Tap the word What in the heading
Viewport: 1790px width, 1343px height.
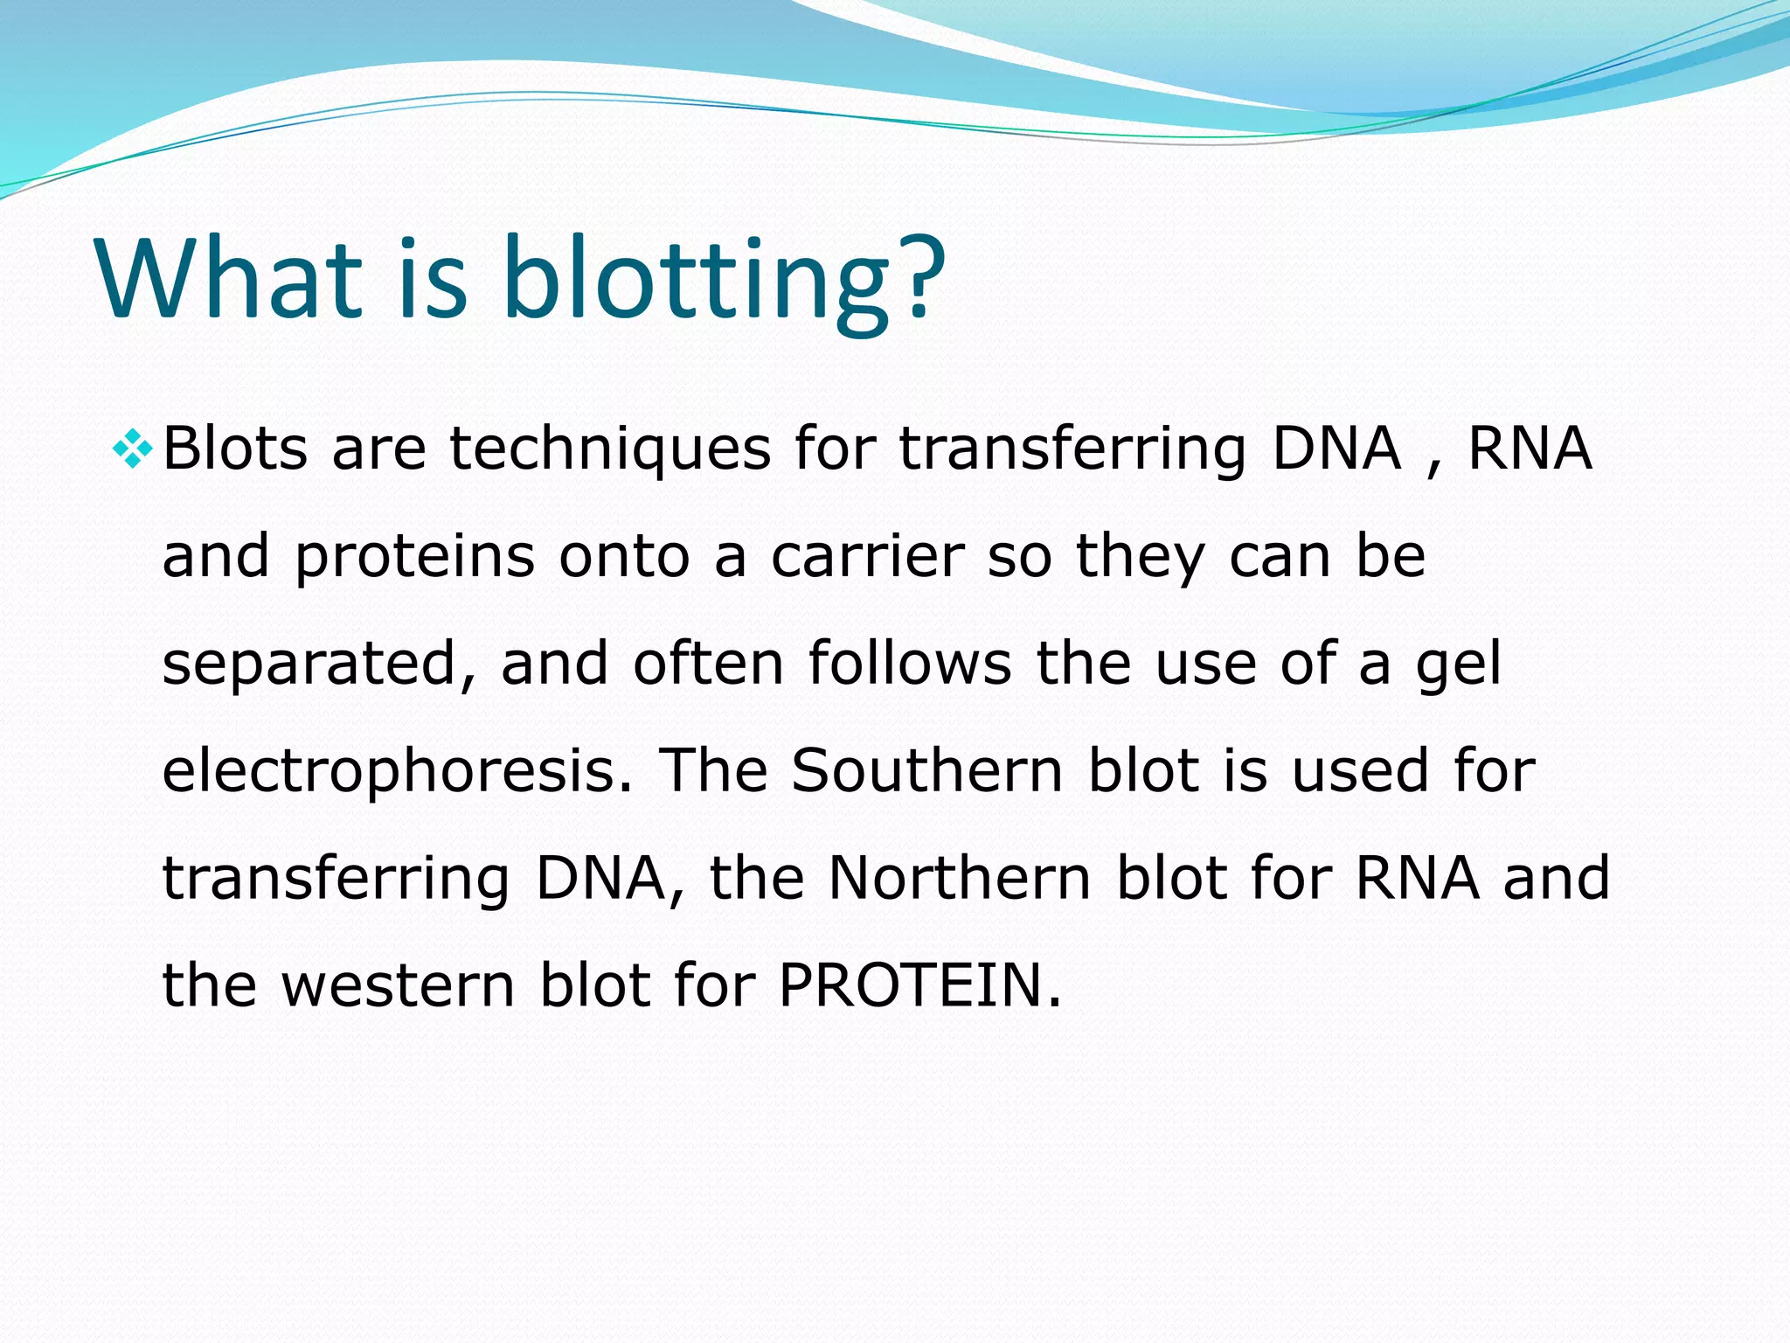[x=229, y=278]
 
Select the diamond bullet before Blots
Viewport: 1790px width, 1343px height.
[x=132, y=449]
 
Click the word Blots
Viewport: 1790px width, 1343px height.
[x=235, y=449]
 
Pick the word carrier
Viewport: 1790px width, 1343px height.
[x=867, y=557]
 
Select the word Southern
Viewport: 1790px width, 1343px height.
[x=926, y=770]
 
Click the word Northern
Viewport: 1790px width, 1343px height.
[x=959, y=878]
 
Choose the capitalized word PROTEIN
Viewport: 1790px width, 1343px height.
[x=919, y=985]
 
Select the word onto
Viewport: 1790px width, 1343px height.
[x=624, y=557]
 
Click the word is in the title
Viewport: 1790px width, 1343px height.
[x=433, y=278]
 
